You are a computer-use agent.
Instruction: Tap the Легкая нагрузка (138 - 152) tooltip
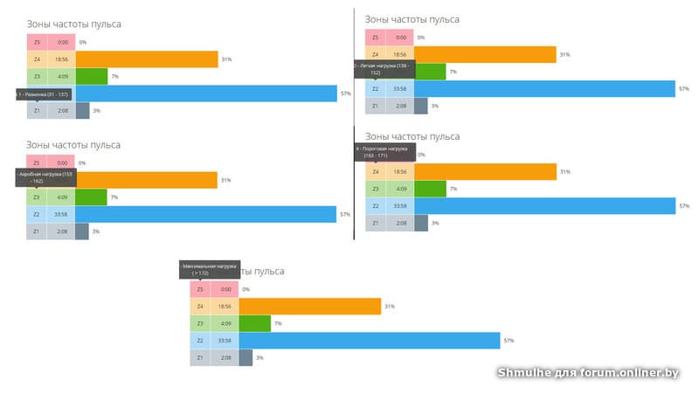[384, 69]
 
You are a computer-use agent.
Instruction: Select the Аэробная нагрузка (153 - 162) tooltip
[47, 177]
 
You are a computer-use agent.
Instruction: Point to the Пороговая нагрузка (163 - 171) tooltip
[384, 152]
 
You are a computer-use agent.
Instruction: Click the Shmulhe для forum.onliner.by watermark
[588, 373]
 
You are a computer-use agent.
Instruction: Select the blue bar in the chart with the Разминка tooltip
[206, 93]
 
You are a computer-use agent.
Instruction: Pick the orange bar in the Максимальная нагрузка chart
[309, 307]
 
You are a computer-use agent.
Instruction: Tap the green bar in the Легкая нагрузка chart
[429, 72]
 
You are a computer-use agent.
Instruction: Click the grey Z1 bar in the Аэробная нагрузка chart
[82, 231]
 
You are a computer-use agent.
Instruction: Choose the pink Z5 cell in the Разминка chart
[37, 42]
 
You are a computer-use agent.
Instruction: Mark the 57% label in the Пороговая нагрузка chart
[683, 206]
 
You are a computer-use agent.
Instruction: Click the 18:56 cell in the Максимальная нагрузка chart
[225, 307]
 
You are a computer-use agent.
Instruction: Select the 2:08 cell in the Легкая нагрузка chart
[400, 106]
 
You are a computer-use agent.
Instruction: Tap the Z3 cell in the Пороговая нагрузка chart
[375, 189]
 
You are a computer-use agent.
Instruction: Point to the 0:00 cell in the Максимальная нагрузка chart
[225, 289]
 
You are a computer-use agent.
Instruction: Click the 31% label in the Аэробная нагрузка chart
[225, 180]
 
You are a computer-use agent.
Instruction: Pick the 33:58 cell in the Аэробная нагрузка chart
[61, 214]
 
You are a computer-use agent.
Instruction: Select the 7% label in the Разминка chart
[114, 77]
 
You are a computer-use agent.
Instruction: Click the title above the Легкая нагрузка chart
[412, 19]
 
